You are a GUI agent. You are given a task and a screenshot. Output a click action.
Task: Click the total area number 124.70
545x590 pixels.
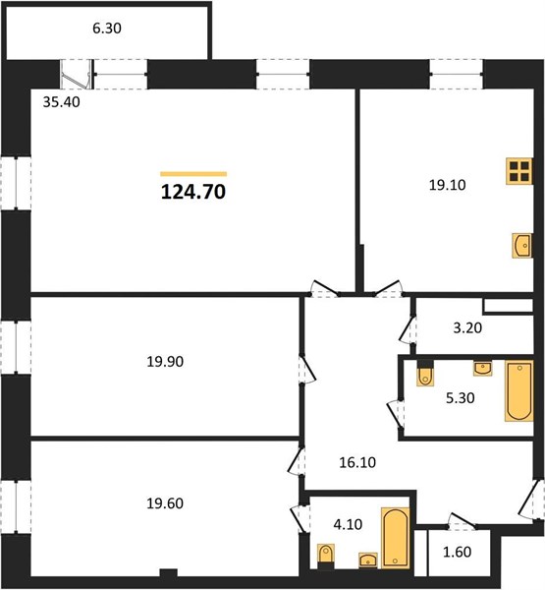(193, 192)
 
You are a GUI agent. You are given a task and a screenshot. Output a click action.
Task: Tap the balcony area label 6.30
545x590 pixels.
(107, 29)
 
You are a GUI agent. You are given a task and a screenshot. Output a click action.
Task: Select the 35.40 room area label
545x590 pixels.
(61, 102)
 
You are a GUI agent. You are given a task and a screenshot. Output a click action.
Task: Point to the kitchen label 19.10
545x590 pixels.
(447, 185)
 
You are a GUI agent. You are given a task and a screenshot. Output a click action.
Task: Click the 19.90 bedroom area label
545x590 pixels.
(165, 362)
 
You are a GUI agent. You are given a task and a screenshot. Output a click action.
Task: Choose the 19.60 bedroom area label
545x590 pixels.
(165, 503)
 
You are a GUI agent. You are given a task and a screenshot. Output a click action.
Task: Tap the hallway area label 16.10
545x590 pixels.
(357, 462)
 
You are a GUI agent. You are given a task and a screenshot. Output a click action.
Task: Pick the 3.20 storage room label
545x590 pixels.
(467, 327)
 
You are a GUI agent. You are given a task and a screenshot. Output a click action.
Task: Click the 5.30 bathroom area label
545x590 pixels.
(461, 397)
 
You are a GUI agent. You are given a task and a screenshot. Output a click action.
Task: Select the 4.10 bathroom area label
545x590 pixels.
(348, 524)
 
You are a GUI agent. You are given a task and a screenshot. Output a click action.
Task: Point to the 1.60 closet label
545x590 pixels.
(458, 552)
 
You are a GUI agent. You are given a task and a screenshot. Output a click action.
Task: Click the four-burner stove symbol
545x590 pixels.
(519, 171)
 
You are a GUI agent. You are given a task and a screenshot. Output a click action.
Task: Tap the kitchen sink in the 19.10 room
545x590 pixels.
(522, 245)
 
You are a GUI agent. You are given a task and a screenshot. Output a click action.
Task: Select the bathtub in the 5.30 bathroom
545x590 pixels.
(519, 391)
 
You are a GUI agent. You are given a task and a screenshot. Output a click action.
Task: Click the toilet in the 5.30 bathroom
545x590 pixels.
(425, 374)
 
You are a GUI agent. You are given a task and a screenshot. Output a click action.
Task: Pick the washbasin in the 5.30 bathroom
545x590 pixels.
(483, 369)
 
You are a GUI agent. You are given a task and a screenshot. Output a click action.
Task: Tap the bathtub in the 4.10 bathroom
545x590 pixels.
(396, 537)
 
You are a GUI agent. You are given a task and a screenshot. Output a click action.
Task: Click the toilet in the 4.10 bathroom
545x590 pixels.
(326, 556)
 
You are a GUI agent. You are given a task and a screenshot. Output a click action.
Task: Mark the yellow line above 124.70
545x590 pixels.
(193, 174)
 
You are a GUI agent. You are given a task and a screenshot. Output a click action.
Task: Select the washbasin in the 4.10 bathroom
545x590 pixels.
(368, 560)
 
